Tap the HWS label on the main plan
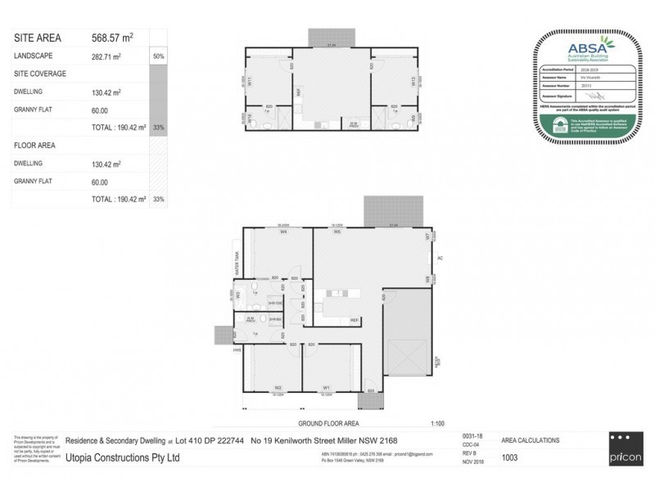[236, 350]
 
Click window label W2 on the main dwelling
[278, 387]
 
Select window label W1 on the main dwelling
[326, 387]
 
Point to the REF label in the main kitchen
[355, 319]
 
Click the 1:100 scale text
[437, 423]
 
